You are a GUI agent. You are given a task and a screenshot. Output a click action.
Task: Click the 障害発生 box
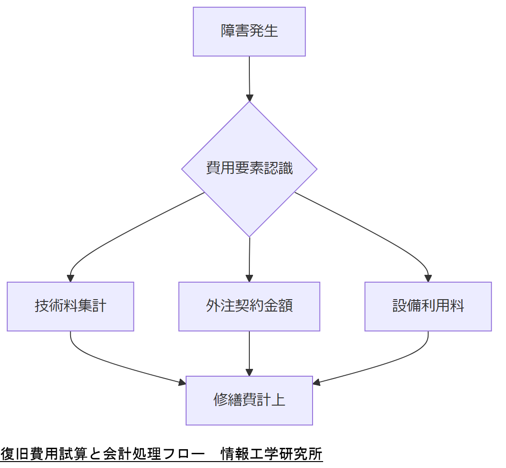tap(249, 32)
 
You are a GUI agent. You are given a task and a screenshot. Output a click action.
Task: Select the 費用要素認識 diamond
tap(249, 169)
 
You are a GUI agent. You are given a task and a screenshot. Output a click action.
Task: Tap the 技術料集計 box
tap(70, 306)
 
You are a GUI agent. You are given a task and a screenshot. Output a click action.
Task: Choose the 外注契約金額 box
tap(249, 306)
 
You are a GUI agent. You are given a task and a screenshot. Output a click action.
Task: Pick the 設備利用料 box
tap(428, 306)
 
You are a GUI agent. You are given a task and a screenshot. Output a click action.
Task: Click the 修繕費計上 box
tap(249, 400)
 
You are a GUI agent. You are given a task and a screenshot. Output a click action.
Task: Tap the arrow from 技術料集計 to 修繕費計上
tap(115, 365)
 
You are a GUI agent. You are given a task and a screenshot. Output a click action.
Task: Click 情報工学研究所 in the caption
tap(271, 454)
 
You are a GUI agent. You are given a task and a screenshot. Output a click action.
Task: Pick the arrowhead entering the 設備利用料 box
tap(428, 279)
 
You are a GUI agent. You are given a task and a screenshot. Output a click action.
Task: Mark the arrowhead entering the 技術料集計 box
tap(70, 279)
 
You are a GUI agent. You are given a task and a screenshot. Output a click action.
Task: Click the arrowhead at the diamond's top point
tap(249, 98)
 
